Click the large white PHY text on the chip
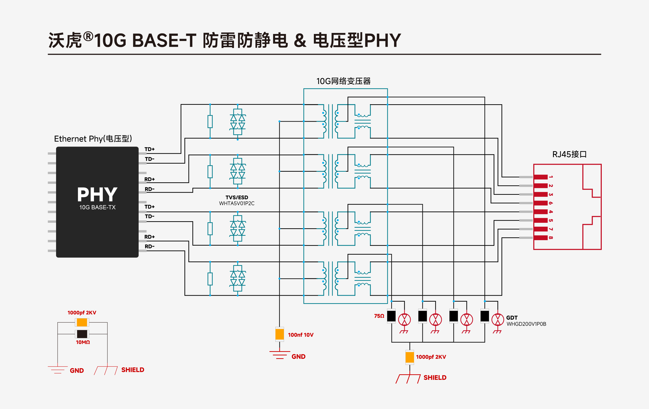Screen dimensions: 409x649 tap(97, 195)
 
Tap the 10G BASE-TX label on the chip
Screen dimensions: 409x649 tap(97, 207)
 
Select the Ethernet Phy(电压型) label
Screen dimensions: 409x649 tap(93, 139)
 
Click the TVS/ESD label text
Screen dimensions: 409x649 tap(237, 197)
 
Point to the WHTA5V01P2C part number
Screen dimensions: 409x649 tap(237, 204)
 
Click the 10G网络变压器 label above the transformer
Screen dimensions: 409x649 tap(343, 81)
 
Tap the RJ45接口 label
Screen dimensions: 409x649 tap(569, 154)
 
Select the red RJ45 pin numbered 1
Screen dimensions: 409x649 tap(541, 177)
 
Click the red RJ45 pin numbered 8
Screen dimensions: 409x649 tap(541, 238)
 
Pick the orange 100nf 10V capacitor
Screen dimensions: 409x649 tap(280, 334)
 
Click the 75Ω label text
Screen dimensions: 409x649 tap(379, 316)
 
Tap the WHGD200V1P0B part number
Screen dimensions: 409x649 tap(526, 324)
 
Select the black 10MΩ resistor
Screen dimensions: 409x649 tap(82, 334)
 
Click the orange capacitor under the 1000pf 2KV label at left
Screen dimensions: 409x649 tap(82, 322)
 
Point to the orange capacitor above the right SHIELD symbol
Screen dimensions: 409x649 tap(410, 357)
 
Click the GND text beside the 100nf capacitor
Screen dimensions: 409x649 tap(298, 357)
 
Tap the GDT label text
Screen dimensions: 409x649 tap(512, 318)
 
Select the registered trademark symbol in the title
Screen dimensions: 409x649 tap(88, 36)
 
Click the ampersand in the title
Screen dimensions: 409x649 tap(300, 41)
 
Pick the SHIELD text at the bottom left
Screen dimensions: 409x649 tap(133, 370)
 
